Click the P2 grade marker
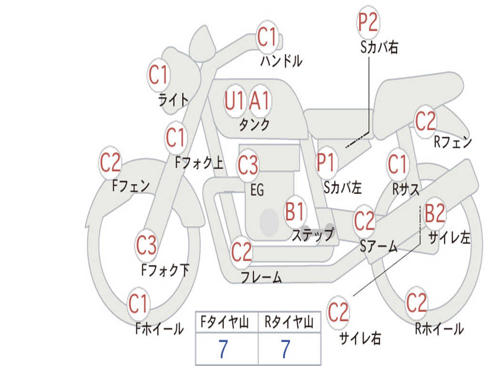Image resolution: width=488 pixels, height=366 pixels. coord(368,22)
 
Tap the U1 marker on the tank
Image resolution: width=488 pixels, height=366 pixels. coord(234,101)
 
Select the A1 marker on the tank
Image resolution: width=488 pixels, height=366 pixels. coord(259,101)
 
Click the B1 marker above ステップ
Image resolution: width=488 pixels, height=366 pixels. coord(295,212)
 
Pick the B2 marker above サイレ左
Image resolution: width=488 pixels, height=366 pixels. coord(435,213)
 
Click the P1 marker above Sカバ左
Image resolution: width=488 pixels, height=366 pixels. coord(325,163)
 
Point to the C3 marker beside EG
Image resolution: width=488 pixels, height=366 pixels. coord(248,165)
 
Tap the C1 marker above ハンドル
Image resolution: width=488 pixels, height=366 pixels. coord(267,37)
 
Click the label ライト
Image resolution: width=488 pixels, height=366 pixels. coord(173,100)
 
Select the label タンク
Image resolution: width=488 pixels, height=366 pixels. coord(254,124)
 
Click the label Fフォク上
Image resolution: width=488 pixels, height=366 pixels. coord(199,163)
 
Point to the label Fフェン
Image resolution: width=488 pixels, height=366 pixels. coord(131,186)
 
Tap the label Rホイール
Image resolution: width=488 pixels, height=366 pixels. coord(439,329)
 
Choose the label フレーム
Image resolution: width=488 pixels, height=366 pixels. coord(262,277)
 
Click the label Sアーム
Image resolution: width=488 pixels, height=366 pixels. coord(379,246)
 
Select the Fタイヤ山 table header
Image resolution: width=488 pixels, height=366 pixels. coord(225,322)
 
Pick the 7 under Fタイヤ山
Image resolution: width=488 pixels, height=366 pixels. coord(223,349)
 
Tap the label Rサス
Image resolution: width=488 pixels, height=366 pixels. coord(406,189)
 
